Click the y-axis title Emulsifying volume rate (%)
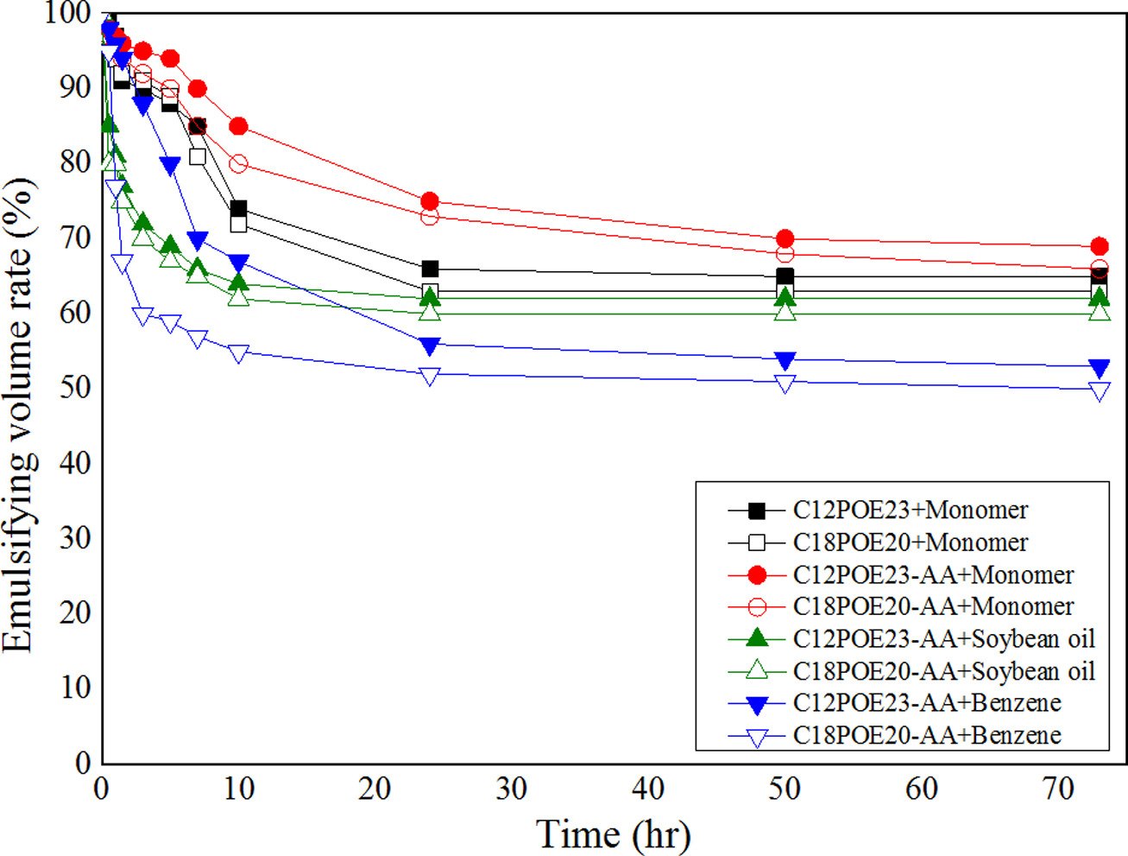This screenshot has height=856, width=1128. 19,415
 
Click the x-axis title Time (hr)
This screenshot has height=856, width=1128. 614,834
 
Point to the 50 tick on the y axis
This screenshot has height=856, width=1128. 74,388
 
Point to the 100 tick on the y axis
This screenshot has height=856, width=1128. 67,14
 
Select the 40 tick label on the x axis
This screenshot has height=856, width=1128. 648,788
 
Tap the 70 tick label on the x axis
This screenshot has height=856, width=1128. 1058,788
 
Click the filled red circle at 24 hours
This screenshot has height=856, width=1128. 430,201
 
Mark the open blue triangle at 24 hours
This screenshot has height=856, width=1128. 430,376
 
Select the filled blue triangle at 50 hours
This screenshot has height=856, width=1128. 785,360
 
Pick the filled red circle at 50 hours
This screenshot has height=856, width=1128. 785,238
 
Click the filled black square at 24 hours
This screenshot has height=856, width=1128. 430,269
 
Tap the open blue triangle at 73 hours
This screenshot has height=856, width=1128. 1099,391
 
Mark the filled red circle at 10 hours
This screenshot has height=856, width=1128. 238,127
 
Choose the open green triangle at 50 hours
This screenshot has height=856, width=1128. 785,312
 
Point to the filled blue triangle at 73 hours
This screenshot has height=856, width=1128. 1099,368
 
